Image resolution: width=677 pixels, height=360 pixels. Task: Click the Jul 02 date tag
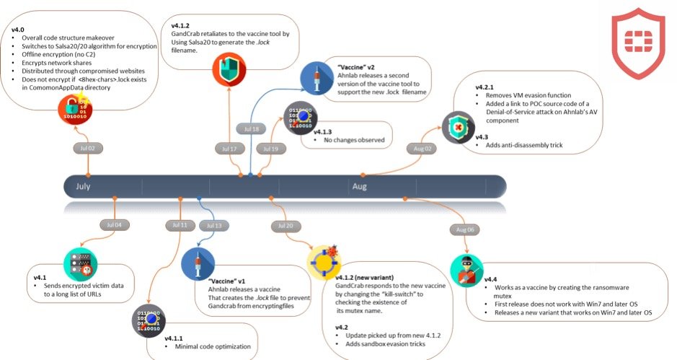(87, 148)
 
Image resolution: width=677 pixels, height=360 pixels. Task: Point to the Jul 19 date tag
(270, 149)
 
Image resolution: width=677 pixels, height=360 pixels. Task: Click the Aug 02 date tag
(422, 148)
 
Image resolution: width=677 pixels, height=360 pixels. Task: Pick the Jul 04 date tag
(114, 225)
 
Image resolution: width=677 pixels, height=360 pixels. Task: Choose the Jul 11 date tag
(180, 225)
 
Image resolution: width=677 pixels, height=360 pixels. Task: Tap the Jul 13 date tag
(213, 225)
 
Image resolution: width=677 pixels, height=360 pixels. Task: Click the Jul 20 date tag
(283, 225)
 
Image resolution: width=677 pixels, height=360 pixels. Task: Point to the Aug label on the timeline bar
(359, 187)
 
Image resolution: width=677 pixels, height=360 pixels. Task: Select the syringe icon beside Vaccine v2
(315, 78)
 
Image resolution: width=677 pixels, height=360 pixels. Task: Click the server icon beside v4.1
(80, 264)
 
